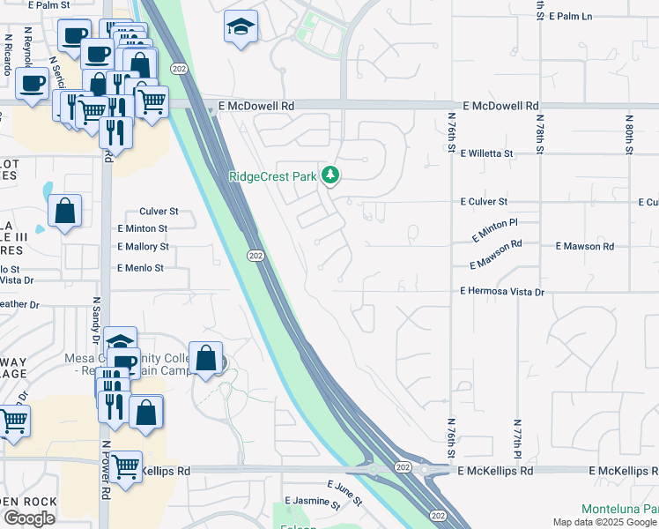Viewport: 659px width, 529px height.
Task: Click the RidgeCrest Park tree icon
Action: [x=330, y=175]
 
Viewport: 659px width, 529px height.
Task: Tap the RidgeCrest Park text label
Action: [x=272, y=176]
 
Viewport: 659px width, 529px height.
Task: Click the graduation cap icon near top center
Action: [x=239, y=27]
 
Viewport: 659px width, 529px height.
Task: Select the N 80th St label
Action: [x=630, y=133]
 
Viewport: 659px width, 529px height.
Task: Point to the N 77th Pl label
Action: [x=518, y=438]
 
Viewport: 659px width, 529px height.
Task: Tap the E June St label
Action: [x=344, y=492]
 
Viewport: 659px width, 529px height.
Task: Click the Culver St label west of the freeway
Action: [x=159, y=212]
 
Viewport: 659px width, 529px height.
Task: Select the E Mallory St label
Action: [x=143, y=249]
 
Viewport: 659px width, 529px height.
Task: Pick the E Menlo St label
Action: [x=141, y=268]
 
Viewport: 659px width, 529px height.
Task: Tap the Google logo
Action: [x=30, y=518]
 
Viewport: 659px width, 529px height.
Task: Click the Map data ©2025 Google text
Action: [x=604, y=522]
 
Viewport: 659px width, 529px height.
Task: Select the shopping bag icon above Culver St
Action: [x=65, y=212]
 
